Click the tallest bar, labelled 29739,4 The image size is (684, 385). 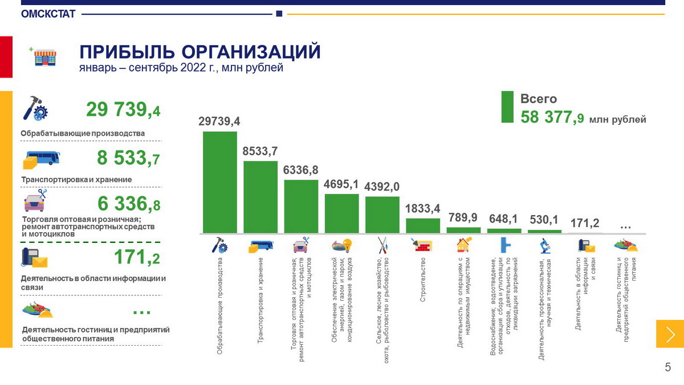[219, 183]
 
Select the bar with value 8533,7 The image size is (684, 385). [260, 197]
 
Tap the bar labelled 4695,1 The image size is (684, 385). [341, 213]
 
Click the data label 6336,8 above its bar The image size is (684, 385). [301, 170]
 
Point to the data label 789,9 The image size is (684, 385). [463, 218]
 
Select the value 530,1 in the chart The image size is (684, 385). [544, 220]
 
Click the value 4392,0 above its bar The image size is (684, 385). [382, 187]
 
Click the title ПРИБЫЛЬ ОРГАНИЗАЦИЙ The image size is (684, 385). [199, 51]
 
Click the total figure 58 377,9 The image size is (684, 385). [552, 117]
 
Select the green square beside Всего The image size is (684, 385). [507, 107]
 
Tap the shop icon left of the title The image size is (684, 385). [45, 56]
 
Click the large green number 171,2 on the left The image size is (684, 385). [137, 258]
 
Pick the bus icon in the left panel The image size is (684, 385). [42, 159]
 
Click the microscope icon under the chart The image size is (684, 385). [544, 245]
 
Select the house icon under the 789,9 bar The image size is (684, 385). [463, 245]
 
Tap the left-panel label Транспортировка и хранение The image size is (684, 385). [76, 180]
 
